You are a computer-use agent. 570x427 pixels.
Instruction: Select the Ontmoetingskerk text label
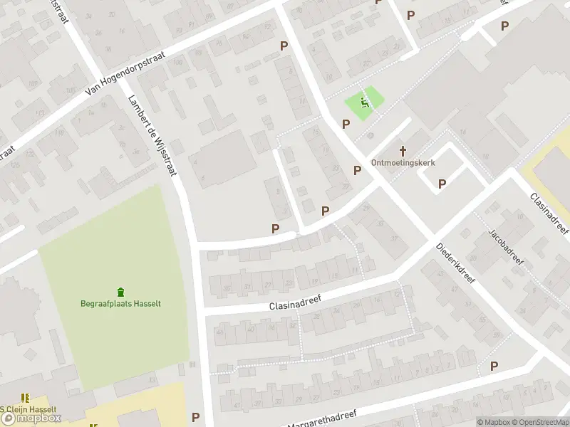tap(403, 162)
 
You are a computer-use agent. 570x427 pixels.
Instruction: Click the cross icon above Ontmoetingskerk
tap(403, 150)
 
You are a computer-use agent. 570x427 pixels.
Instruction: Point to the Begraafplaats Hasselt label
tap(120, 303)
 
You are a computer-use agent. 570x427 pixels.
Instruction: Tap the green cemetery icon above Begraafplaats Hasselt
tap(120, 291)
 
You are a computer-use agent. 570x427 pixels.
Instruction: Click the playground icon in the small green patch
tap(366, 102)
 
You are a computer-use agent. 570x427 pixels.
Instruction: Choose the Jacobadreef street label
tap(506, 246)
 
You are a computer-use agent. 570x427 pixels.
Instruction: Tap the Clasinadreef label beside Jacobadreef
tap(549, 213)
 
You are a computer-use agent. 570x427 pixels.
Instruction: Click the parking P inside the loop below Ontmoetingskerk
tap(442, 184)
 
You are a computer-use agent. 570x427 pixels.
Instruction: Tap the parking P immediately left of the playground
tap(346, 124)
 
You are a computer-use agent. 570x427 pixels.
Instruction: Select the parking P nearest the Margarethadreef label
tap(195, 417)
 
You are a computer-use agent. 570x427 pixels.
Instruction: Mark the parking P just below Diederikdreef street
tap(494, 366)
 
